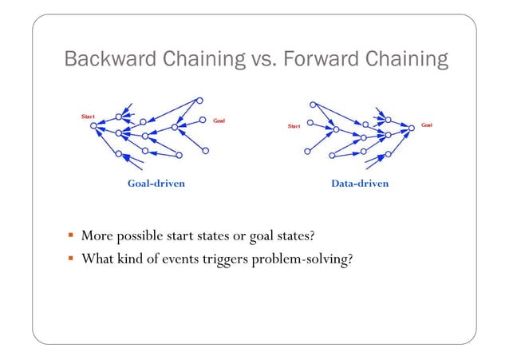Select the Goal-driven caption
(156, 184)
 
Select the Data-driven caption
(360, 184)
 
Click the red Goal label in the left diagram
(218, 121)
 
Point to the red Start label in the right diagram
(294, 126)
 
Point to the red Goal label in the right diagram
(427, 125)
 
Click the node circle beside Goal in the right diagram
(412, 125)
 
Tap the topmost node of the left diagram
(199, 101)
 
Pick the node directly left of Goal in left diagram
(199, 122)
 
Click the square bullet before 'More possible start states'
(71, 237)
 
